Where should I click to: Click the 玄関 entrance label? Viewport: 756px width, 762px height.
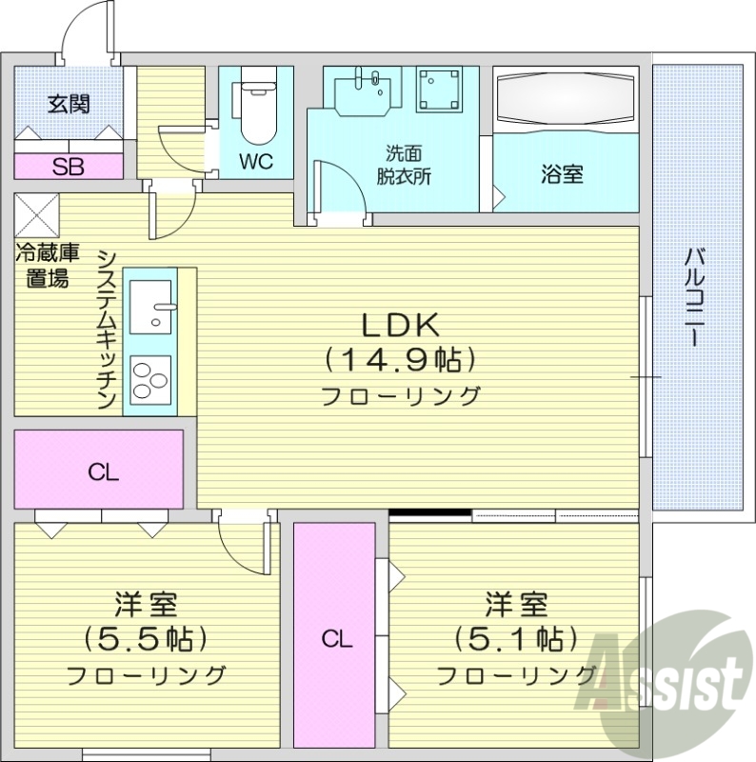69,104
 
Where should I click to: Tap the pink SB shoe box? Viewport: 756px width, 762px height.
69,167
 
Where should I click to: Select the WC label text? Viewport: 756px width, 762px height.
255,162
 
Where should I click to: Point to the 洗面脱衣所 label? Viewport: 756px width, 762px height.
403,164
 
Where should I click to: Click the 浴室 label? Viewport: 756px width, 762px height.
562,174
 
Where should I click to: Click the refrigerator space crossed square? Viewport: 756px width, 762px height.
37,214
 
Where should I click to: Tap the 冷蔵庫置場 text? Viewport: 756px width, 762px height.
47,267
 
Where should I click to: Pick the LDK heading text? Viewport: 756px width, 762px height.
399,326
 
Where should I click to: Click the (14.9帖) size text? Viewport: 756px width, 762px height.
399,360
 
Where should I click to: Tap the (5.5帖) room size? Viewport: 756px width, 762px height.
146,636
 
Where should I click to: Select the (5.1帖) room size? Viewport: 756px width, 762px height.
516,636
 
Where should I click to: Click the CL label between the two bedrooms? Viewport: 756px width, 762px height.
336,639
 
